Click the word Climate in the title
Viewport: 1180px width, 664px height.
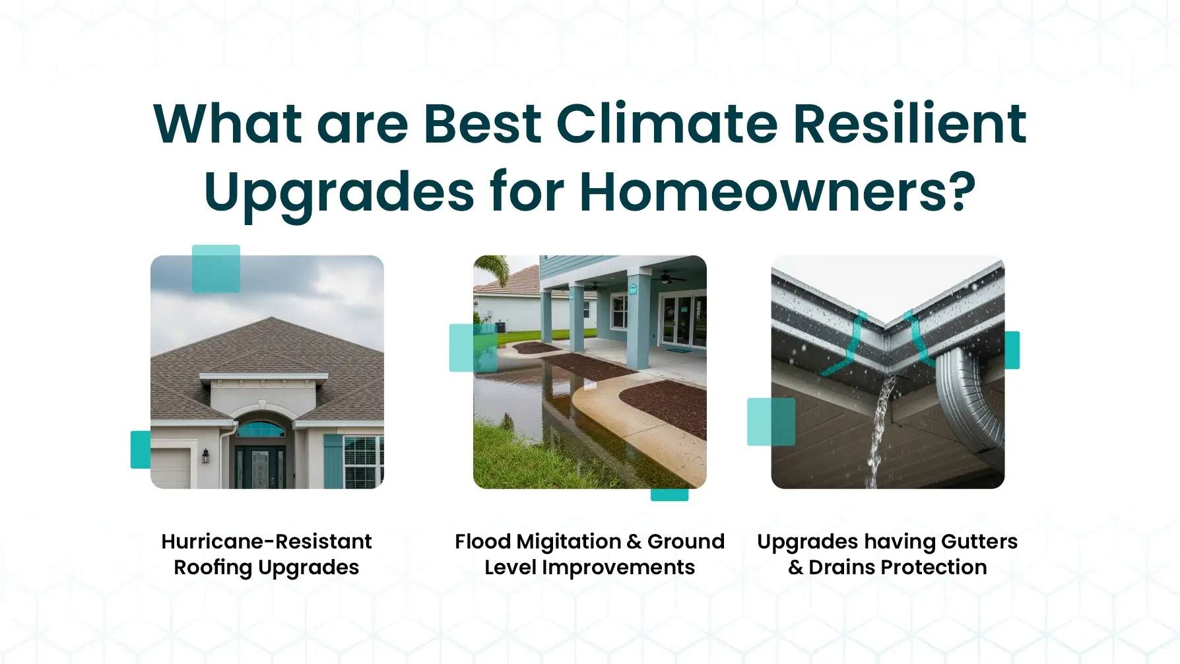pyautogui.click(x=667, y=123)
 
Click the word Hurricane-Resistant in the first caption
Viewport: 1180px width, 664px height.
pyautogui.click(x=267, y=541)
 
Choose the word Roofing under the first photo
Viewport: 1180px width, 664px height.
pyautogui.click(x=213, y=568)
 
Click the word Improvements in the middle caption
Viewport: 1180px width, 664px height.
pyautogui.click(x=618, y=568)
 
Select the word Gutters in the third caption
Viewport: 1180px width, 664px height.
pyautogui.click(x=979, y=541)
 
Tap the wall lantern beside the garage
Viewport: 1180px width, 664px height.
pyautogui.click(x=206, y=455)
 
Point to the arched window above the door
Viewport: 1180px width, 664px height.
pyautogui.click(x=261, y=430)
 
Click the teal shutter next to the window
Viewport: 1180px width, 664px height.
pyautogui.click(x=333, y=461)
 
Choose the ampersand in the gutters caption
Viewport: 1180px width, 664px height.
pyautogui.click(x=796, y=568)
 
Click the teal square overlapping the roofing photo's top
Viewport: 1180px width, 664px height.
pyautogui.click(x=216, y=269)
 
